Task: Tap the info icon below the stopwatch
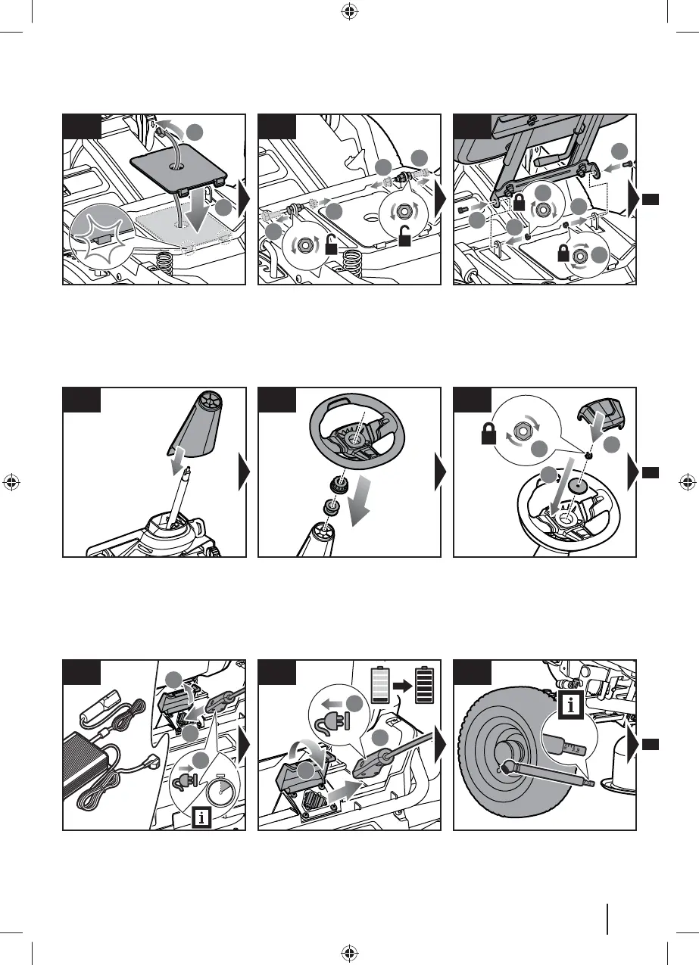point(201,817)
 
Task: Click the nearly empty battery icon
point(380,686)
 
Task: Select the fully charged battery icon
point(426,686)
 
